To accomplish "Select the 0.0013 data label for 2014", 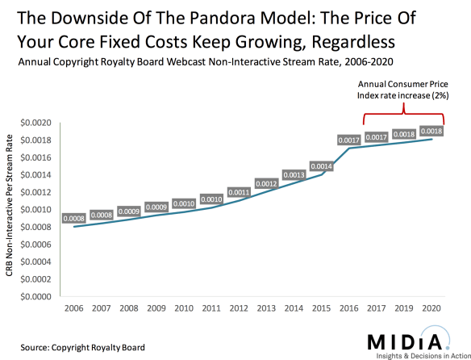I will (294, 174).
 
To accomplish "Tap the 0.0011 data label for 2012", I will (239, 192).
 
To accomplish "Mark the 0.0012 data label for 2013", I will (267, 183).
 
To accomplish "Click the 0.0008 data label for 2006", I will (74, 217).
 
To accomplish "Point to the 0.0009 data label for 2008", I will (128, 211).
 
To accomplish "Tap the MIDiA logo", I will (407, 341).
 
